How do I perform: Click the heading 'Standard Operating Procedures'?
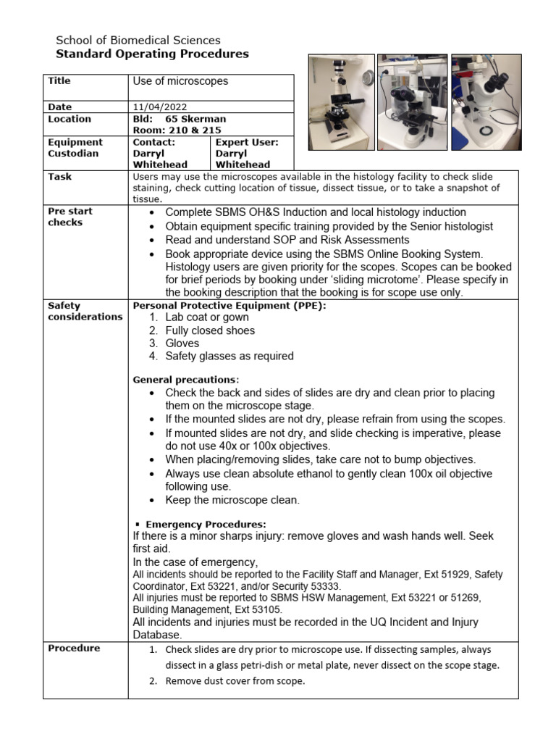coord(152,54)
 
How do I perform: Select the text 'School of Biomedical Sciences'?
coord(138,41)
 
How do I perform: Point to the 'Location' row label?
coord(69,119)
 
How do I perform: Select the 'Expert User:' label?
coord(247,143)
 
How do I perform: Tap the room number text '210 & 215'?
coord(190,130)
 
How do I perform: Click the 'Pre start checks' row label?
coord(70,217)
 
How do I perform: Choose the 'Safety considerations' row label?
coord(85,311)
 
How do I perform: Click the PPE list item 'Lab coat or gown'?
coord(206,317)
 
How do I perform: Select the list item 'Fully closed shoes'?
coord(210,330)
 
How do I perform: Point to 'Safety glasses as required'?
coord(229,356)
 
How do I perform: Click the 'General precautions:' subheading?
coord(185,380)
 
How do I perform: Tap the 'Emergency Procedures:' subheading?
coord(206,524)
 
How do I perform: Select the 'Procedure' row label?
coord(74,648)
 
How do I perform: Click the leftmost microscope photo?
coord(342,102)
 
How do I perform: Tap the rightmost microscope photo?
coord(485,102)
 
